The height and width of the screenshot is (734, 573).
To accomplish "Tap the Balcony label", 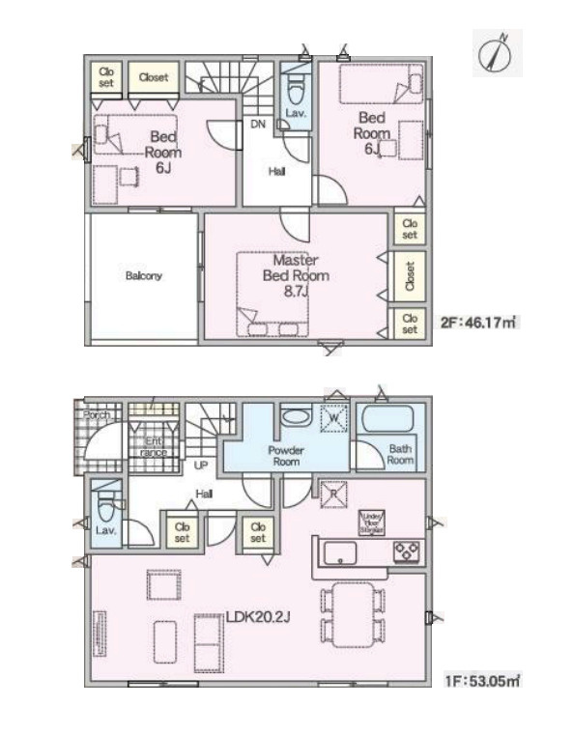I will click(x=143, y=275).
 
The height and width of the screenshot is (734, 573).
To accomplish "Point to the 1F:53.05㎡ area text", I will click(x=483, y=681).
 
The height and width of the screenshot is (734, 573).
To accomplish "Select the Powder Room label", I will click(x=287, y=456).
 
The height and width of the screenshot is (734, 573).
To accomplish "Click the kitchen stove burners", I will click(x=407, y=551).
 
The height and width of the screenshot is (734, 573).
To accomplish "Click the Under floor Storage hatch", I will click(x=372, y=522).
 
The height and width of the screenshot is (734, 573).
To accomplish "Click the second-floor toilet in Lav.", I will click(x=295, y=92).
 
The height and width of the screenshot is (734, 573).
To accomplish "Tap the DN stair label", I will click(x=258, y=125).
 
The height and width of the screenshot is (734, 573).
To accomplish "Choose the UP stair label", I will click(x=201, y=466).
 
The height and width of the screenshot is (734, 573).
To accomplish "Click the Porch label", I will click(x=96, y=415).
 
